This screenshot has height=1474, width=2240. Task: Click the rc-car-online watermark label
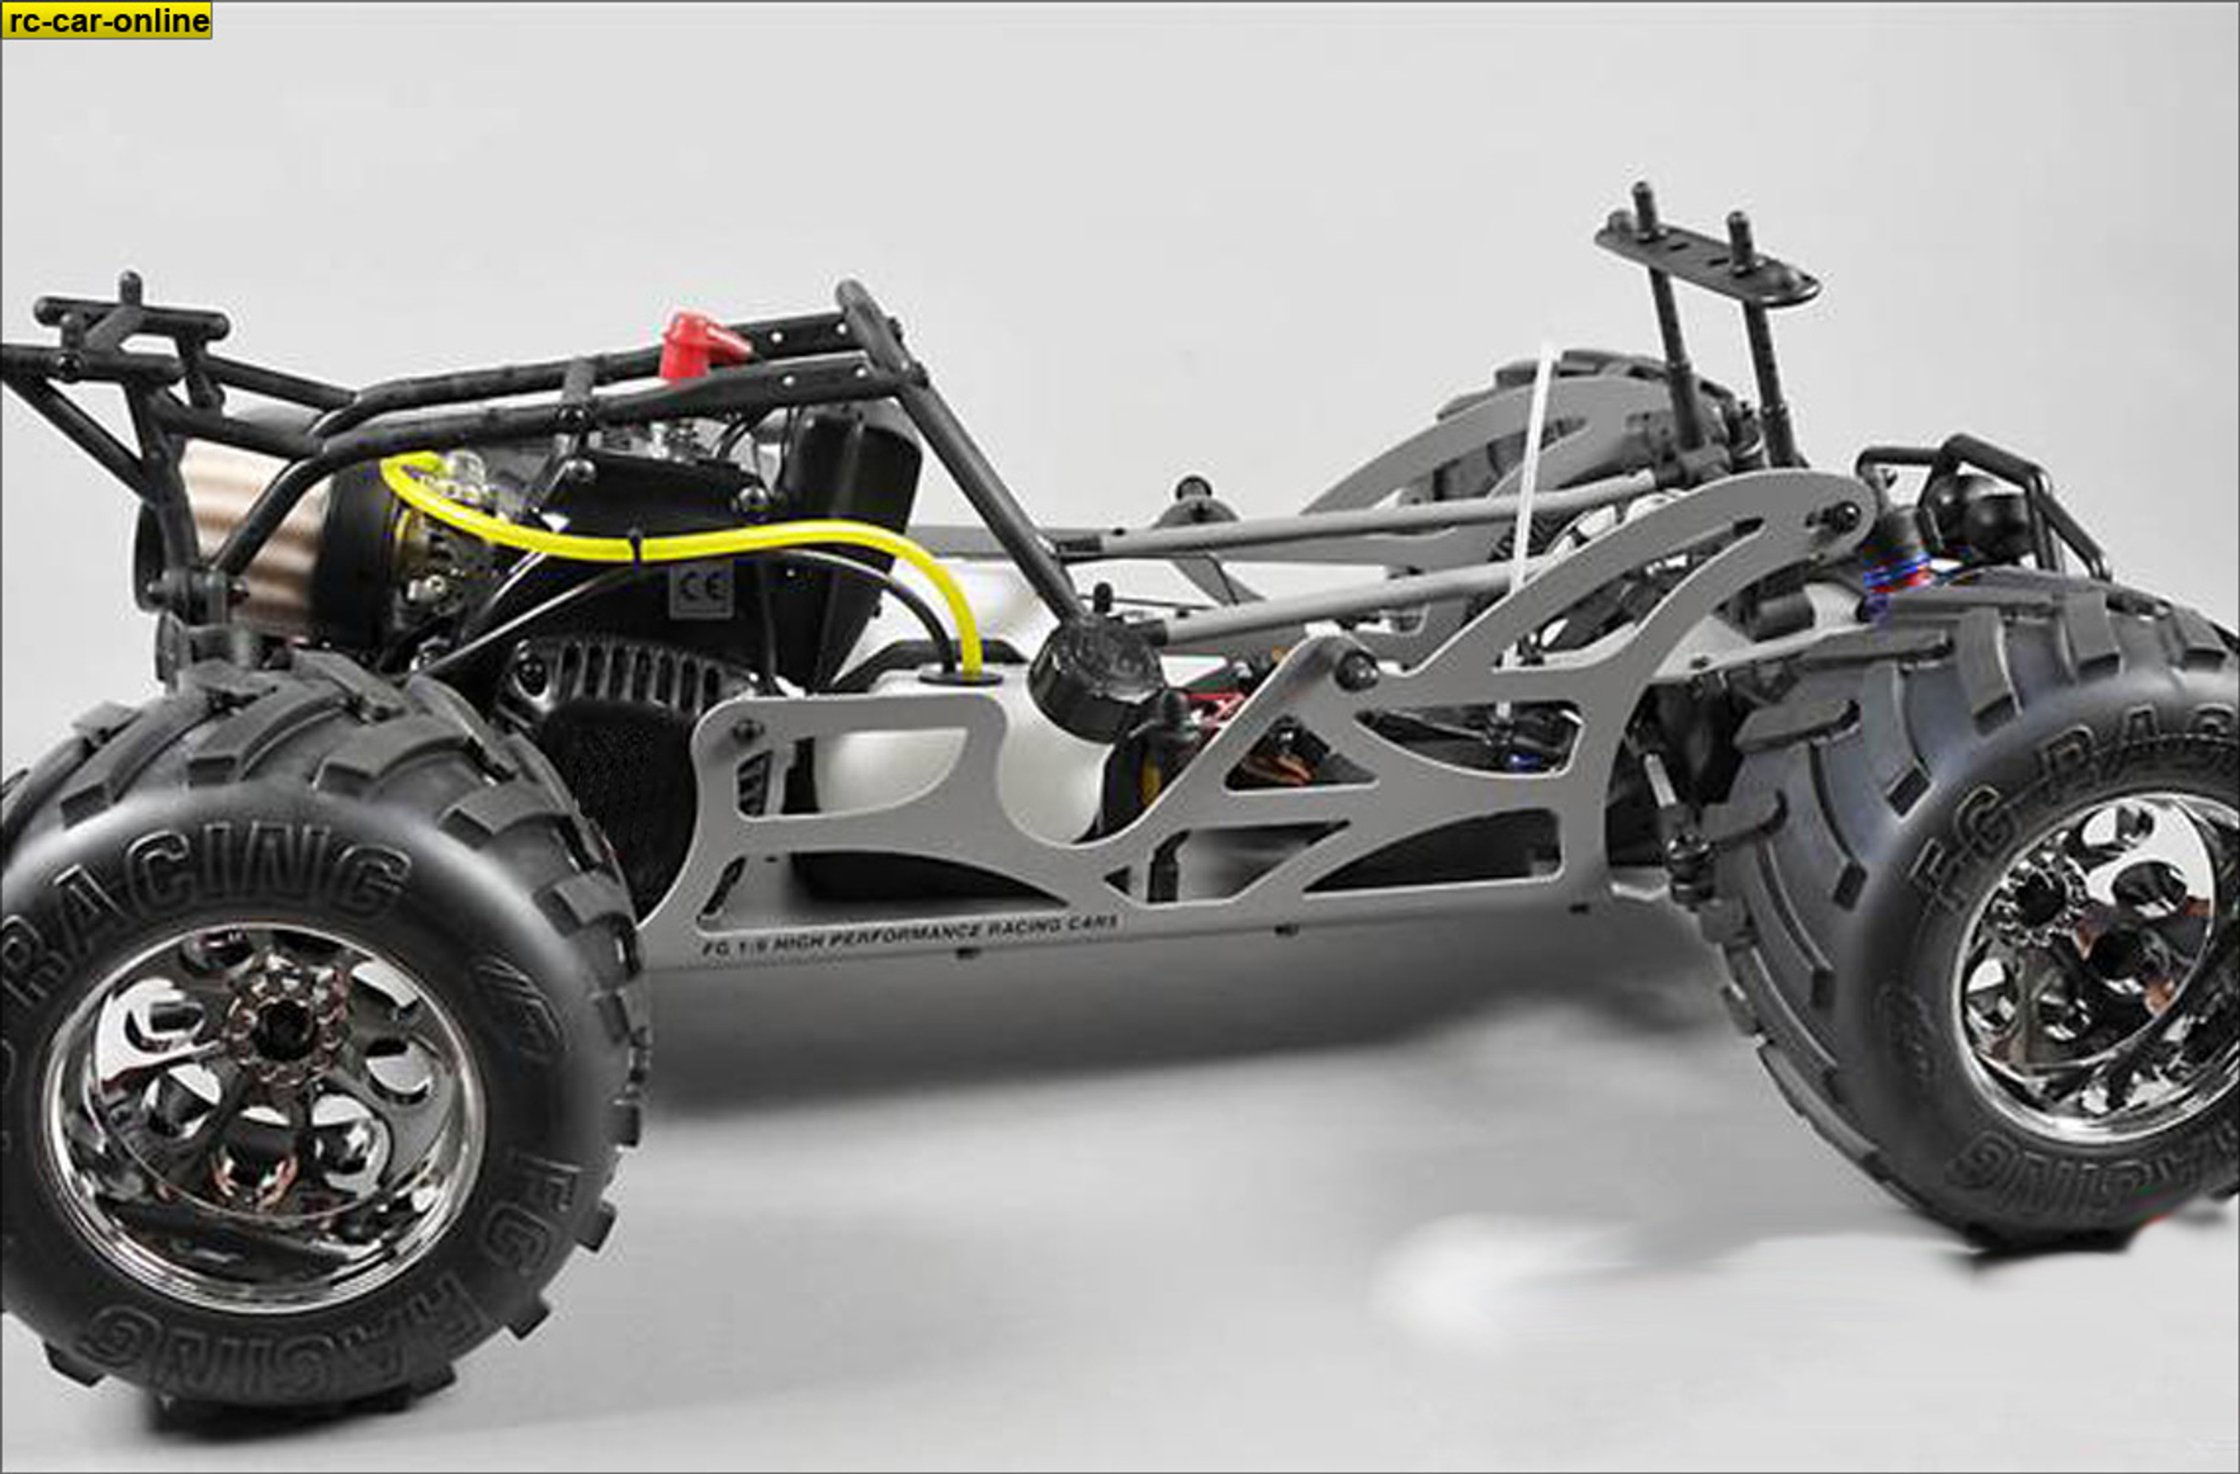click(x=106, y=20)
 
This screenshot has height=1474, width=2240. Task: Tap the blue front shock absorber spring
click(x=1901, y=574)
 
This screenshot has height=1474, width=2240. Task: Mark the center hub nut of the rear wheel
click(x=282, y=1031)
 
